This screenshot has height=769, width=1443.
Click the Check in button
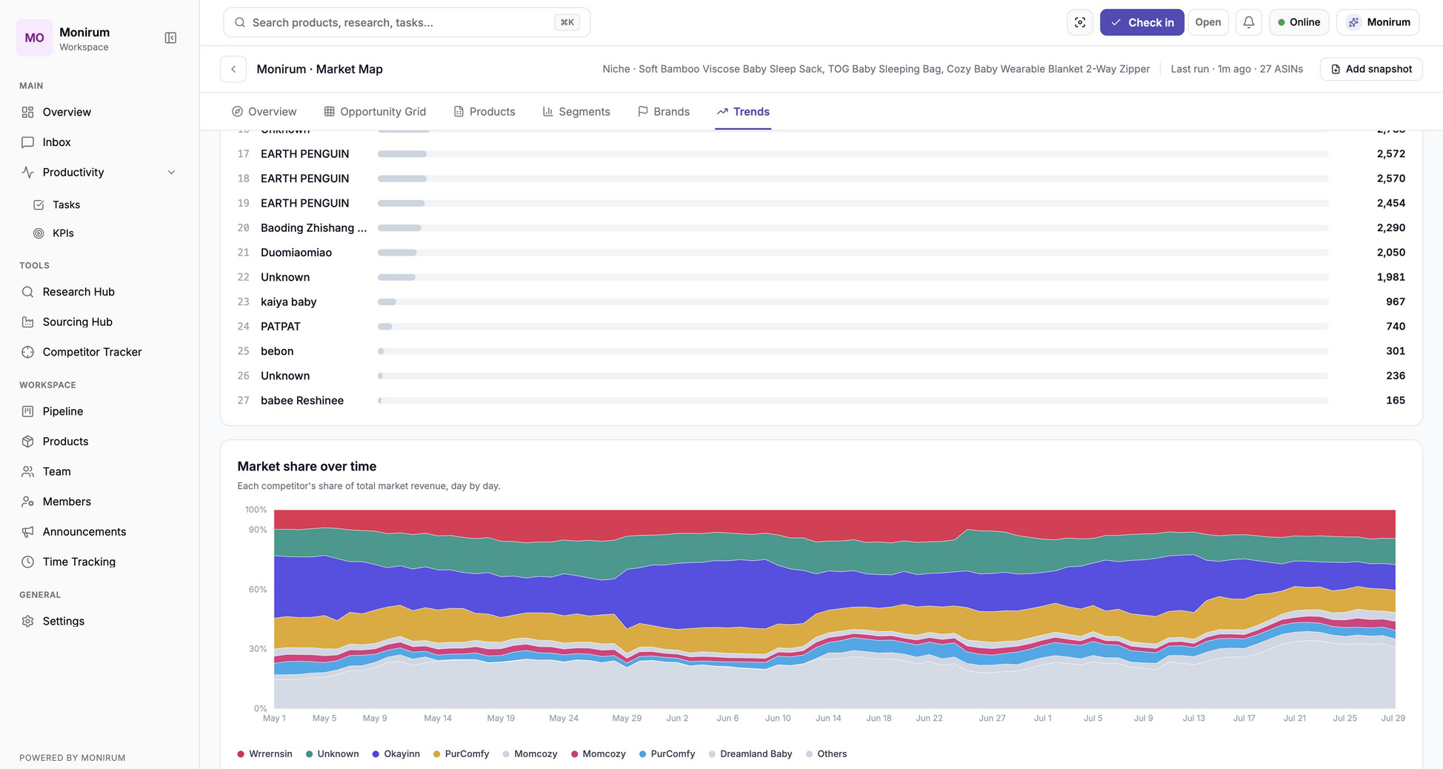tap(1142, 22)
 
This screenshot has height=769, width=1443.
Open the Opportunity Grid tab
tap(375, 112)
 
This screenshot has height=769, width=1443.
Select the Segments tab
tap(576, 112)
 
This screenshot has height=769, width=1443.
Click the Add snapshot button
tap(1371, 69)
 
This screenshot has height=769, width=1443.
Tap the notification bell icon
tap(1248, 22)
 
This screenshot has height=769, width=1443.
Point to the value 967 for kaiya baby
tap(1395, 302)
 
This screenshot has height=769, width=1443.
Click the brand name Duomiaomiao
tap(296, 253)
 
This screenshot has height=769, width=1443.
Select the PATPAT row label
tap(281, 327)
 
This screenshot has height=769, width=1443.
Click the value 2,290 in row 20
tap(1390, 228)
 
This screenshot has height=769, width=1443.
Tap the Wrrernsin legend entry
tap(264, 754)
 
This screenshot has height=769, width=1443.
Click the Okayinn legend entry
tap(396, 754)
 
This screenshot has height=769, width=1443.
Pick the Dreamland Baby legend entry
tap(750, 754)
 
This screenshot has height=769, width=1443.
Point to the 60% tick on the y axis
tap(257, 590)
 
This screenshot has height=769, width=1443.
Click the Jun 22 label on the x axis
tap(929, 718)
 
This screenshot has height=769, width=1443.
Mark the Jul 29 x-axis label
tap(1393, 718)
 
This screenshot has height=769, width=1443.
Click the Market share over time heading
tap(307, 467)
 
